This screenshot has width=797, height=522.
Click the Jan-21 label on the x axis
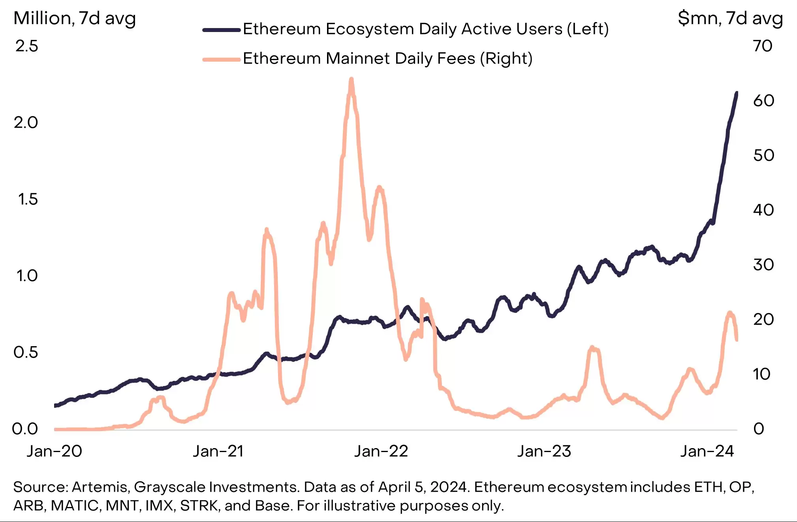tap(218, 451)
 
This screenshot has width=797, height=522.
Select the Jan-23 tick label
tap(544, 451)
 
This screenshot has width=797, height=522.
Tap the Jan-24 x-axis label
tap(707, 451)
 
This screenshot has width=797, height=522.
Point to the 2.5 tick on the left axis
tap(27, 46)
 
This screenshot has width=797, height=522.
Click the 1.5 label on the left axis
tap(28, 199)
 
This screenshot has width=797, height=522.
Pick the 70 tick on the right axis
tap(763, 46)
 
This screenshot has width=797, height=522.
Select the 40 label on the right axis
tap(763, 210)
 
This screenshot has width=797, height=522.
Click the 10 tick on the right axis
tap(761, 374)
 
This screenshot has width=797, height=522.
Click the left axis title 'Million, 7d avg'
tap(75, 19)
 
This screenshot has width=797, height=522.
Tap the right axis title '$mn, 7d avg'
tap(730, 19)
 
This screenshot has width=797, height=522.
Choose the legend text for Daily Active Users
tap(426, 29)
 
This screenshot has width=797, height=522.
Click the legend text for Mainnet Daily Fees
tap(387, 58)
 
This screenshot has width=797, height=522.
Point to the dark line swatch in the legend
tap(222, 30)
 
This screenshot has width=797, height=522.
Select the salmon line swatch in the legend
tap(222, 60)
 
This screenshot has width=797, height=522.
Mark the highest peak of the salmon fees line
tap(351, 80)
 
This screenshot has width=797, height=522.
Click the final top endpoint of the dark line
tap(737, 93)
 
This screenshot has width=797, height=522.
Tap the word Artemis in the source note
tap(100, 487)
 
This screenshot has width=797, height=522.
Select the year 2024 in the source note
tap(449, 487)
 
